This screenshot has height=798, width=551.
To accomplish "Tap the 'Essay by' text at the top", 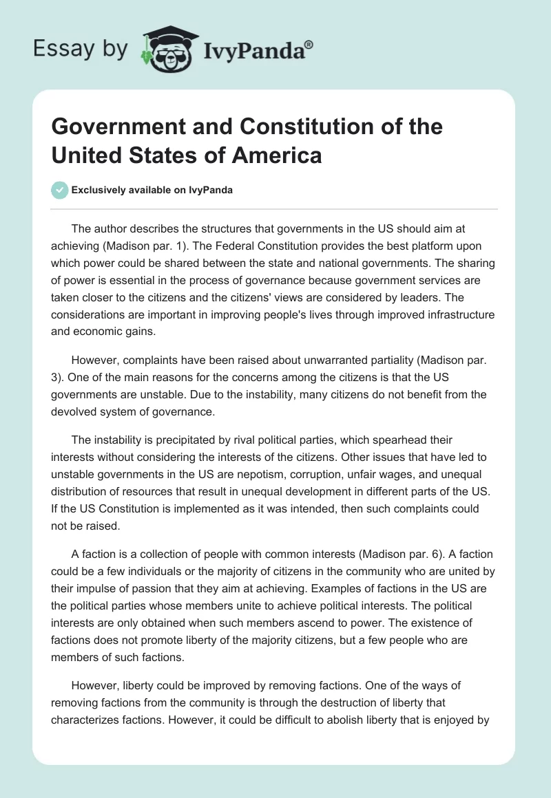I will pyautogui.click(x=80, y=49).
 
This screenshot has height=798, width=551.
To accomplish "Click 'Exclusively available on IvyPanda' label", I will pyautogui.click(x=152, y=191).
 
